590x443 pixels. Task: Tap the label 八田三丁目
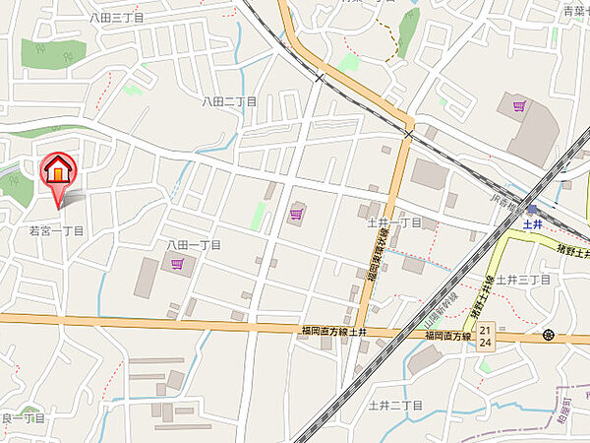coord(116,18)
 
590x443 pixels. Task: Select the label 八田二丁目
coord(229,101)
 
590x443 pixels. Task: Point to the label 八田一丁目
coord(194,244)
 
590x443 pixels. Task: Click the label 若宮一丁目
coord(56,230)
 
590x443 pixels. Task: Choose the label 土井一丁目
coord(393,223)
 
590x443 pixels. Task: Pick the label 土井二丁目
coord(394,406)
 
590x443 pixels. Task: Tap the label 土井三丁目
coord(522,281)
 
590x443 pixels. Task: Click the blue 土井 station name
coord(533,223)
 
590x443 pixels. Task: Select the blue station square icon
coord(532,209)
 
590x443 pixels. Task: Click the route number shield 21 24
coord(485,337)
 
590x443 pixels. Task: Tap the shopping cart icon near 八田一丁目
coord(178,264)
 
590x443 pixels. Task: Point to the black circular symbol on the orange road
coord(548,336)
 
